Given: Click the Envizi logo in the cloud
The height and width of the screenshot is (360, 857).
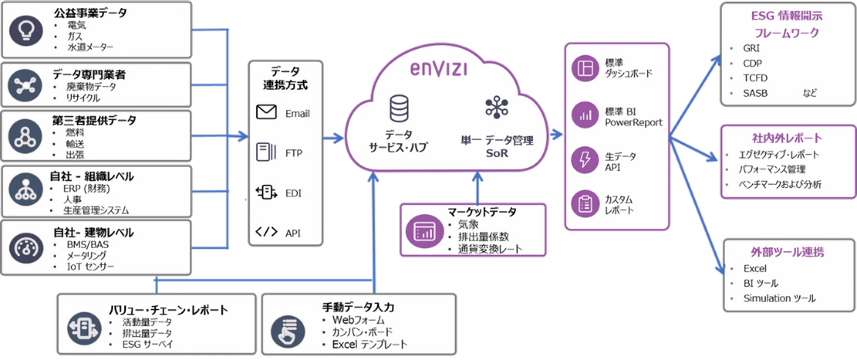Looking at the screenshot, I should (x=438, y=69).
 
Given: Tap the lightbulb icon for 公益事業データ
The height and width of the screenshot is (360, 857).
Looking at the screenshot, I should (x=26, y=30).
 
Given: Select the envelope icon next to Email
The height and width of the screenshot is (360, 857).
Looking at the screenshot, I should (x=266, y=112).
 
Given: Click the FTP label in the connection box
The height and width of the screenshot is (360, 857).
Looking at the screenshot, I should (x=294, y=153).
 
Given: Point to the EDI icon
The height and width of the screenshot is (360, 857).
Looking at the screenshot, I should (x=266, y=192).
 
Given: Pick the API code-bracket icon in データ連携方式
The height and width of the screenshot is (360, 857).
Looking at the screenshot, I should (x=266, y=231).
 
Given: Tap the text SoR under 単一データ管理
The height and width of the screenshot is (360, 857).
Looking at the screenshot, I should (x=497, y=153).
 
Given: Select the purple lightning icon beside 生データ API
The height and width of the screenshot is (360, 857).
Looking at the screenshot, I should (x=585, y=159).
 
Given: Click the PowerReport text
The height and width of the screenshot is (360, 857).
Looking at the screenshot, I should (x=633, y=123).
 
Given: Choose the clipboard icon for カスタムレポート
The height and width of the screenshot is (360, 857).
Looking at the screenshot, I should (x=585, y=204).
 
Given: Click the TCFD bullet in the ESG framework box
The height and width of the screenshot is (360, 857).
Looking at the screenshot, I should (x=755, y=78).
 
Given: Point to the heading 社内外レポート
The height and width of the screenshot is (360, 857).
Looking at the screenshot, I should (x=786, y=138).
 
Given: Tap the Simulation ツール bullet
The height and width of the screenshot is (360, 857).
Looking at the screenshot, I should (x=779, y=298).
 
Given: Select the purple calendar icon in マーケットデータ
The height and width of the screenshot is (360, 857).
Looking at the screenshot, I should (x=424, y=231).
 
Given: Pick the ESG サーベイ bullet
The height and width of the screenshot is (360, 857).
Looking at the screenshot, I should (x=147, y=344).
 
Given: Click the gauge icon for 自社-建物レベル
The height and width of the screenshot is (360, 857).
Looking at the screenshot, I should (x=26, y=247).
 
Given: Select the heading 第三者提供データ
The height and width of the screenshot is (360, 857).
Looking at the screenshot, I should (x=94, y=121).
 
